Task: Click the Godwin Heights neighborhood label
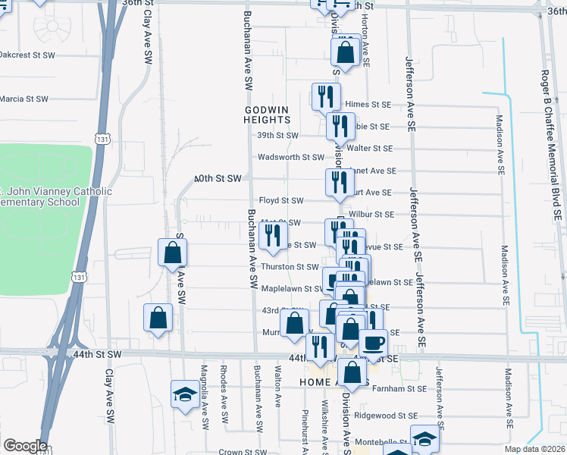pos(267,115)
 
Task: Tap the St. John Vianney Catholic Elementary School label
pos(45,196)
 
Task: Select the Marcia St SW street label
pos(24,99)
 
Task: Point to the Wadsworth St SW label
pos(291,158)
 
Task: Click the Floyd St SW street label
pos(281,201)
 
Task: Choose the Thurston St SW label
pos(290,267)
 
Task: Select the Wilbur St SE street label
pos(370,215)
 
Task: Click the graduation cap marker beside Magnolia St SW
pos(183,394)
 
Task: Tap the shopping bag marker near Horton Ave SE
pos(346,53)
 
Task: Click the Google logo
pos(24,446)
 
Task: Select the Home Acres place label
pos(323,381)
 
